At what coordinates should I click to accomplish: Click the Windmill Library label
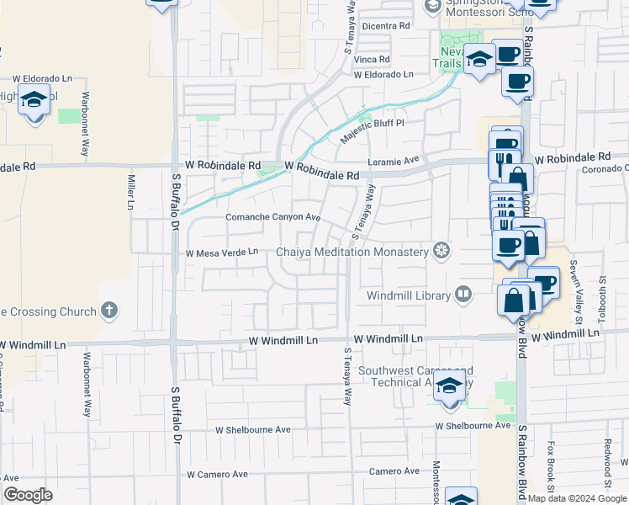408,295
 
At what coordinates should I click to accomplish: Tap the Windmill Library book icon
462,295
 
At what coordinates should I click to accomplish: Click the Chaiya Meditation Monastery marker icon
440,251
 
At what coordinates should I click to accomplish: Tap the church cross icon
108,311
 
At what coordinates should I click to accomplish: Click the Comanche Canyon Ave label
273,217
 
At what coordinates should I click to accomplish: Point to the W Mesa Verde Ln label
221,252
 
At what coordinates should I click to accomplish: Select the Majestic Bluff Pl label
373,131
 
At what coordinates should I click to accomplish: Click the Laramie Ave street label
393,160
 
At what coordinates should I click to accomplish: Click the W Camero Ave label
217,475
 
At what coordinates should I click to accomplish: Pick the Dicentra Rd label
385,26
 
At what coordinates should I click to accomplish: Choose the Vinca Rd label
372,60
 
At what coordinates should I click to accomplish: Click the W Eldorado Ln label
383,75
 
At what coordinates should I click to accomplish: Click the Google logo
28,495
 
